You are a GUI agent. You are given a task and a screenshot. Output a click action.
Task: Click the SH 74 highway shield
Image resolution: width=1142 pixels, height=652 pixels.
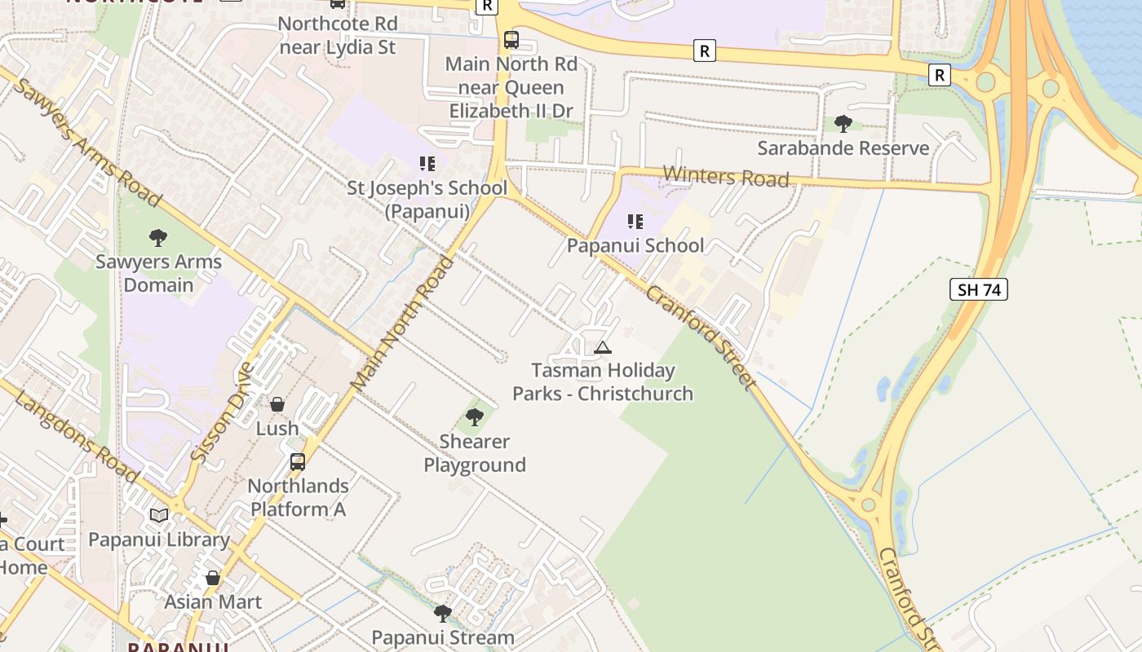[x=978, y=289]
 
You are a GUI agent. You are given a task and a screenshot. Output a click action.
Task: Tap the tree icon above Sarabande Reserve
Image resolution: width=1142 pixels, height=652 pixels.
[x=843, y=124]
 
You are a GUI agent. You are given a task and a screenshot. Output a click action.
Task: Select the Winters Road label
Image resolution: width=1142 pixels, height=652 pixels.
[x=726, y=176]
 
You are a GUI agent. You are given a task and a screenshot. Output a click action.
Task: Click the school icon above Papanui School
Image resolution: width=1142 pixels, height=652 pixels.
[x=635, y=221]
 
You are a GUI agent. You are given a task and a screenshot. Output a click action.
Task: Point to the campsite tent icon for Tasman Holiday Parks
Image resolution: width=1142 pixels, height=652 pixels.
[x=603, y=347]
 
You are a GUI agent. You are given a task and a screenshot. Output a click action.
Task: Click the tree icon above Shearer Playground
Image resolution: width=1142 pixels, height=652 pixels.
[x=474, y=418]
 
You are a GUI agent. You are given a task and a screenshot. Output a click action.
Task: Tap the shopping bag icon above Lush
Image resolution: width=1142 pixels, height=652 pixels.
[x=277, y=404]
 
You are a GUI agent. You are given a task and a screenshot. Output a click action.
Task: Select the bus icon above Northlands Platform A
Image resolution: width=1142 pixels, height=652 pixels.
[x=298, y=462]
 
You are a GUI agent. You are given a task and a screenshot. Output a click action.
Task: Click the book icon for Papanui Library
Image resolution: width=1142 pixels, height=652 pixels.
[x=159, y=515]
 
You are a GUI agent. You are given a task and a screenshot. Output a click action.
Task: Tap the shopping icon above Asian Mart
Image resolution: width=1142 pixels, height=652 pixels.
[x=213, y=578]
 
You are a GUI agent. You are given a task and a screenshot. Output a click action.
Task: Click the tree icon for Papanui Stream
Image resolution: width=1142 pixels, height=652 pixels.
[x=443, y=613]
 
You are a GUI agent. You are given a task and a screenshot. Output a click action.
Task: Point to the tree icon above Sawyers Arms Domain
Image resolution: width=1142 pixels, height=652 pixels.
[x=158, y=238]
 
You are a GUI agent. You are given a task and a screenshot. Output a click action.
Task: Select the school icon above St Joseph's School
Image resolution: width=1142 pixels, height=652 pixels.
[x=427, y=164]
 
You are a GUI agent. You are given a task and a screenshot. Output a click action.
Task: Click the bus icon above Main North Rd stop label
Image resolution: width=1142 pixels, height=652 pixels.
[x=511, y=39]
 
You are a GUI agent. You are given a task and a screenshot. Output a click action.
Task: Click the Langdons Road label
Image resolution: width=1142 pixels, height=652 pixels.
[x=76, y=436]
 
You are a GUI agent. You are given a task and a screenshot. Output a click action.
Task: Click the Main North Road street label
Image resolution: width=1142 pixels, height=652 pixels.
[x=402, y=324]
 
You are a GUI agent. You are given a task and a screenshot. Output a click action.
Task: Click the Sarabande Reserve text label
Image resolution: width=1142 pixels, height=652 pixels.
[x=843, y=148]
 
